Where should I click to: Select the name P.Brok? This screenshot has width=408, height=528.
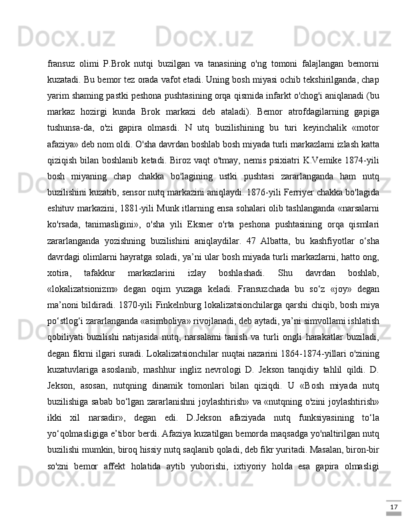[x=118, y=64]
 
